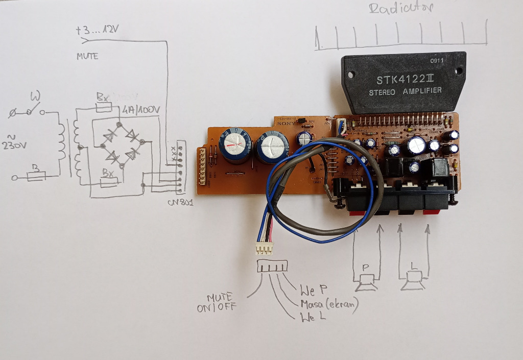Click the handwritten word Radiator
point(401,9)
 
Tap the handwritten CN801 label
point(180,203)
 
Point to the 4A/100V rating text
point(142,109)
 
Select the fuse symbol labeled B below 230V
point(35,175)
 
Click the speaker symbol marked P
point(366,278)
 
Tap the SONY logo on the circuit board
point(283,123)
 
